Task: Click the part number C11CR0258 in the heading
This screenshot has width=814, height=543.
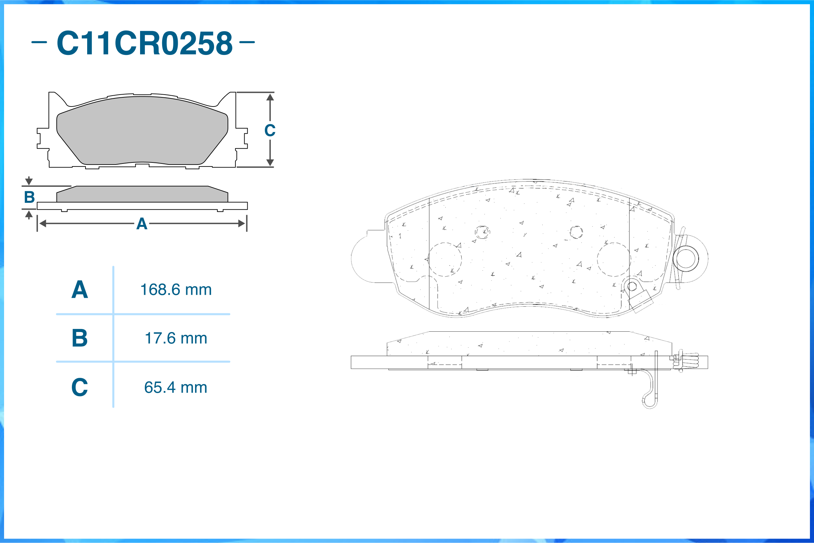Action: [145, 43]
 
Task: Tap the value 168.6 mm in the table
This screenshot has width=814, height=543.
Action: [176, 290]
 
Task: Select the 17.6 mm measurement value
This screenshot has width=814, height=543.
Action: [176, 338]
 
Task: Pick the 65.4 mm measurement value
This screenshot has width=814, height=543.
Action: [176, 388]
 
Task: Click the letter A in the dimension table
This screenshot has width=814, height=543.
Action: [80, 290]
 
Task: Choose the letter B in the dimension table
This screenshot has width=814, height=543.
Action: [80, 338]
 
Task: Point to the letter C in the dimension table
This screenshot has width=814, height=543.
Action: [80, 387]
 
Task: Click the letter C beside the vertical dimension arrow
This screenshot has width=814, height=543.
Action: [270, 131]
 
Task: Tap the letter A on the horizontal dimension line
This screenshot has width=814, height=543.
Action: [142, 224]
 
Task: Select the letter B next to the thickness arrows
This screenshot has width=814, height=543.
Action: [30, 197]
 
